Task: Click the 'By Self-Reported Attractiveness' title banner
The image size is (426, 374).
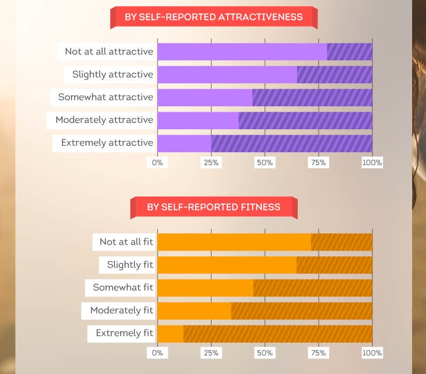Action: click(213, 17)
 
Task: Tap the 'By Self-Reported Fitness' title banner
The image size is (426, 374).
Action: click(213, 207)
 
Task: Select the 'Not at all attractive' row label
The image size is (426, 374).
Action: click(109, 52)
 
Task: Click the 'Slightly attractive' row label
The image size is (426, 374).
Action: click(112, 75)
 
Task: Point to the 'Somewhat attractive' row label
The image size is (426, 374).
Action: click(105, 97)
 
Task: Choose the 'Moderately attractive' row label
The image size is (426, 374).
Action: click(104, 120)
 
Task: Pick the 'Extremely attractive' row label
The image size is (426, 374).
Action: click(107, 143)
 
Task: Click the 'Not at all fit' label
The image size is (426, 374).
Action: click(126, 242)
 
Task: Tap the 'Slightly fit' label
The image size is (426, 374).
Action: click(130, 264)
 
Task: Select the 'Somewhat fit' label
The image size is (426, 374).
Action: click(123, 287)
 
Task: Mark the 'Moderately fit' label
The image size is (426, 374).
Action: click(121, 310)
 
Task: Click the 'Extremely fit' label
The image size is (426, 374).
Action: click(124, 333)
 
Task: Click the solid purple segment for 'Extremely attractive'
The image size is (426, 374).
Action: click(184, 143)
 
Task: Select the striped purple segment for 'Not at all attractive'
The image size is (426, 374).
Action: click(350, 52)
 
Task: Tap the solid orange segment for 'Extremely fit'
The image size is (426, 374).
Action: click(171, 333)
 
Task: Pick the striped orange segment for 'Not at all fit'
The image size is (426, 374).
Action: click(342, 242)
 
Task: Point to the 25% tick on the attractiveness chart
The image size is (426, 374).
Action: click(211, 162)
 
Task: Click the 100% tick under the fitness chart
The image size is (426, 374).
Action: click(372, 353)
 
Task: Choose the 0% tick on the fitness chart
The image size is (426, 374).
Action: click(158, 353)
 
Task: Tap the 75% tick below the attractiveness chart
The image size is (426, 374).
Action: click(318, 162)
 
